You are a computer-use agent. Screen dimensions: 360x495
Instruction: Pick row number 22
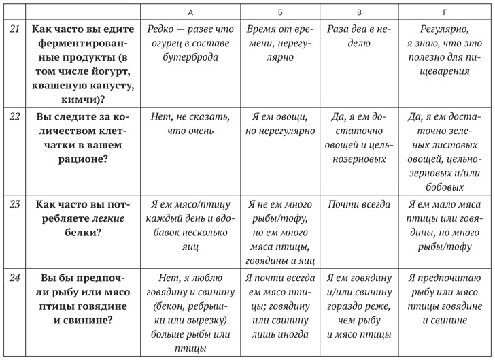(15, 116)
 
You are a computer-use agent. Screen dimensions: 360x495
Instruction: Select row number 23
(15, 203)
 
